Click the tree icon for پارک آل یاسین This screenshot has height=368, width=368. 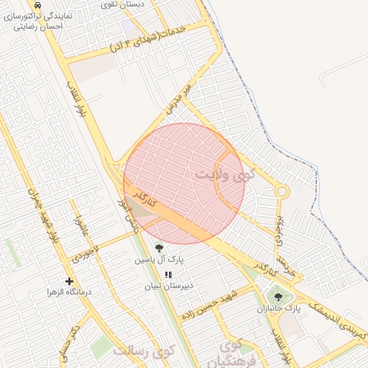tap(159, 249)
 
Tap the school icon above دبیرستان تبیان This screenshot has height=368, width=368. tap(169, 275)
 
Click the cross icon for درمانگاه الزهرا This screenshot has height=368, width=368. tap(69, 281)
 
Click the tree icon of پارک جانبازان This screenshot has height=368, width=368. tap(277, 295)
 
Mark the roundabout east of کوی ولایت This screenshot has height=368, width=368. tap(282, 191)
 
